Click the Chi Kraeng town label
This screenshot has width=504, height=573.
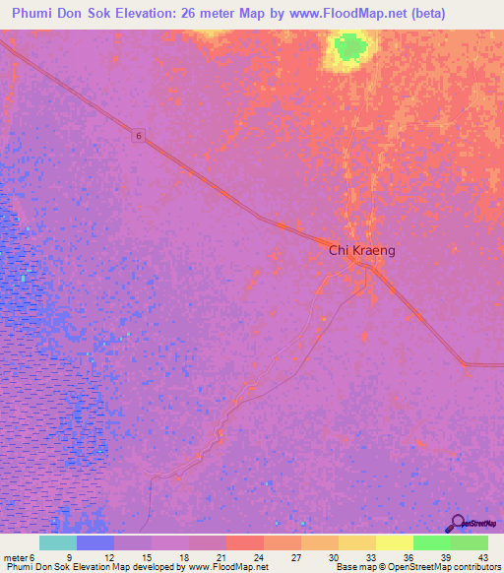(361, 251)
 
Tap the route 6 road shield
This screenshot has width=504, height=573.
(140, 138)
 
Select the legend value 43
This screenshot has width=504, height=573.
(483, 556)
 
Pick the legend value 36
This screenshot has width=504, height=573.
(408, 556)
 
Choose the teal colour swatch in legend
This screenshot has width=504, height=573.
(57, 542)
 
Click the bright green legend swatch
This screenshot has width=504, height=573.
(431, 542)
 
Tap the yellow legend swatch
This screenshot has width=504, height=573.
(394, 542)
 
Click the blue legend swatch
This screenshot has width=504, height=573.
(94, 542)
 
